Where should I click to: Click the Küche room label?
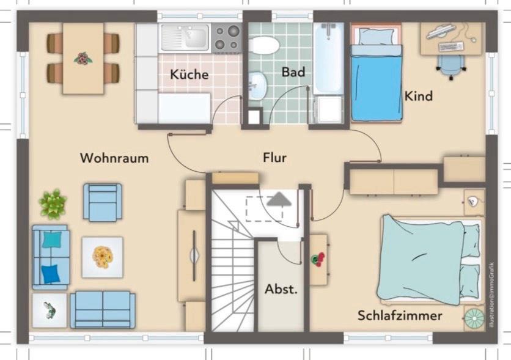[x=189, y=75]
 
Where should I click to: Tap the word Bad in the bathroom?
[x=293, y=72]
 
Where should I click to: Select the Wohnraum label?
[x=114, y=158]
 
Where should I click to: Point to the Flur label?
[x=274, y=158]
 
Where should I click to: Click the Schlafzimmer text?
[x=400, y=315]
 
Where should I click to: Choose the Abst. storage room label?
[x=281, y=289]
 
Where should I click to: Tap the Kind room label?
[x=419, y=96]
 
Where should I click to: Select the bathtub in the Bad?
[x=329, y=58]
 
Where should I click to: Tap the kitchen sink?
[x=185, y=37]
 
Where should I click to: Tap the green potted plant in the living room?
[x=53, y=204]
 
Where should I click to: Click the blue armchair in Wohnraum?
[x=103, y=202]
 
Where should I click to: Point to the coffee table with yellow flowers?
[x=102, y=257]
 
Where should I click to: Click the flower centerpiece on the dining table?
[x=83, y=59]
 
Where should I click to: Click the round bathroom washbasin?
[x=257, y=85]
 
